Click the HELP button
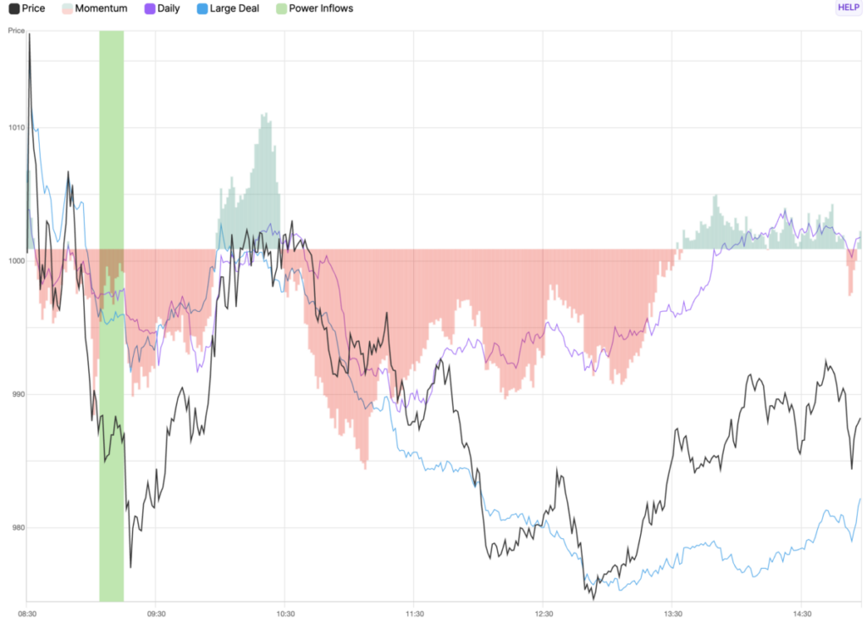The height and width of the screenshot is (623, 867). pyautogui.click(x=848, y=8)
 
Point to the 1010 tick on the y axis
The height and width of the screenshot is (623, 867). pyautogui.click(x=16, y=127)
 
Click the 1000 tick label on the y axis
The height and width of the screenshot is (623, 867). pyautogui.click(x=16, y=261)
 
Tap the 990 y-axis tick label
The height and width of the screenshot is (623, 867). pyautogui.click(x=16, y=394)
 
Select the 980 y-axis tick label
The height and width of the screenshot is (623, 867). pyautogui.click(x=16, y=527)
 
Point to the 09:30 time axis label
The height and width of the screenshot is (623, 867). pyautogui.click(x=156, y=614)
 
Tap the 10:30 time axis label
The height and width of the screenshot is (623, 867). pyautogui.click(x=285, y=614)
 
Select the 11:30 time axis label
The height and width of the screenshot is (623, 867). pyautogui.click(x=415, y=614)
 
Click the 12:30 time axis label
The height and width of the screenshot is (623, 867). pyautogui.click(x=544, y=614)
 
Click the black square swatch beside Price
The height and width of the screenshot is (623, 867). pyautogui.click(x=14, y=8)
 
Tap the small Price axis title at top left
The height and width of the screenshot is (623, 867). pyautogui.click(x=16, y=31)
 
